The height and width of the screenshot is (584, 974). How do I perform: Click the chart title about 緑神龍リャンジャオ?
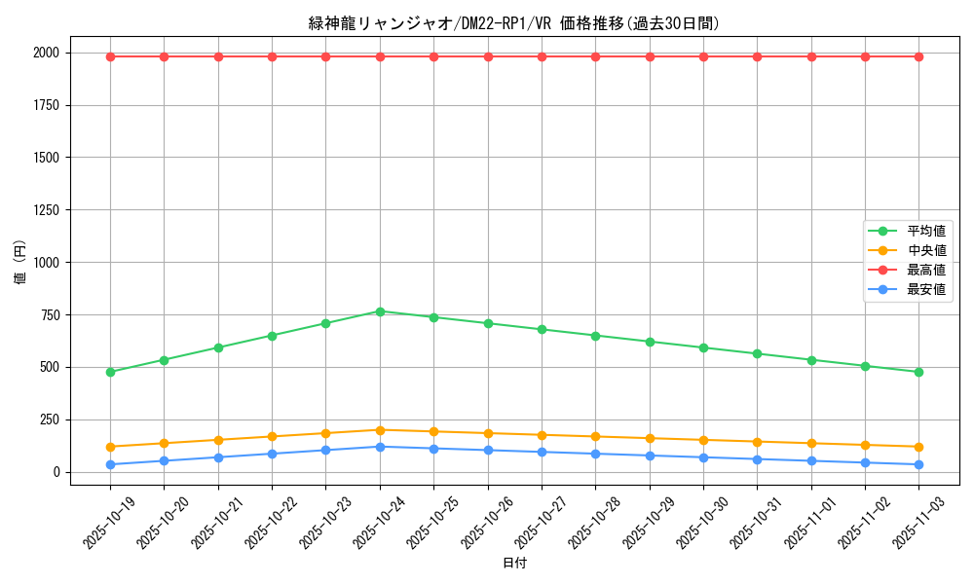pos(514,23)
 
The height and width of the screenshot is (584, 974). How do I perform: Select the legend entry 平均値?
pos(925,232)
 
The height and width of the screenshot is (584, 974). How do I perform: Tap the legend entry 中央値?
pos(925,251)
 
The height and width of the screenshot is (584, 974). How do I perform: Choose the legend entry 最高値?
pos(925,270)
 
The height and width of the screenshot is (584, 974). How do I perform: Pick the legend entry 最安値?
pos(925,289)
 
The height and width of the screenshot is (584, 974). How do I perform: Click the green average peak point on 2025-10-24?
pos(380,311)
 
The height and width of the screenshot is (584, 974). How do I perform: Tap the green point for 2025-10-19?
pos(110,372)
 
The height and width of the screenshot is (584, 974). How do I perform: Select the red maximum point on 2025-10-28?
pos(595,56)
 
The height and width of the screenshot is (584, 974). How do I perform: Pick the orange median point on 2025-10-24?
pos(380,430)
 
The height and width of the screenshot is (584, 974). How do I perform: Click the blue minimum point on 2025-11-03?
pos(918,464)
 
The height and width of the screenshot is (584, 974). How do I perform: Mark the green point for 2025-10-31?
pos(757,353)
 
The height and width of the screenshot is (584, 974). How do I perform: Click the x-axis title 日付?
pos(514,564)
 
